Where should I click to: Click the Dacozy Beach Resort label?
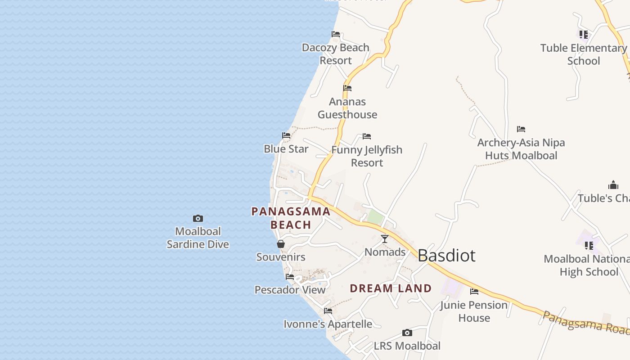336,54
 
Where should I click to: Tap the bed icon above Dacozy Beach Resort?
336,34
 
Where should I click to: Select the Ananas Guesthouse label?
347,108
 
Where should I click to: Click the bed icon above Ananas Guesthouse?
347,88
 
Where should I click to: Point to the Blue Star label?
286,149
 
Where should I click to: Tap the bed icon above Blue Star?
286,135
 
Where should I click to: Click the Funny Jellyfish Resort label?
367,156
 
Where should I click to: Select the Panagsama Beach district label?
291,218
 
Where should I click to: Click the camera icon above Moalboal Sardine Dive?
198,219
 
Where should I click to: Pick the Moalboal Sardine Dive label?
198,238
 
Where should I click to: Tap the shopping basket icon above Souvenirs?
281,244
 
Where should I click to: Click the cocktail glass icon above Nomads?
385,239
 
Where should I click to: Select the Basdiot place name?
446,256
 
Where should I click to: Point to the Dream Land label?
391,288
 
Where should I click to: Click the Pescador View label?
290,290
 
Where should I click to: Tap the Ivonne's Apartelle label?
328,324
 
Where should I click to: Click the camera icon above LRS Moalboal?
407,333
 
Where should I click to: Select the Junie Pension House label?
474,311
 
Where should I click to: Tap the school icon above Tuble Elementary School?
584,35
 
